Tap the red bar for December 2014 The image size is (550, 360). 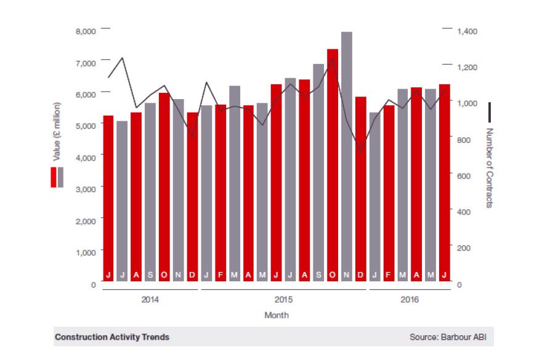pyautogui.click(x=193, y=197)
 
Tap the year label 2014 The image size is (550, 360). pyautogui.click(x=150, y=300)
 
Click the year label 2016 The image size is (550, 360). pyautogui.click(x=409, y=300)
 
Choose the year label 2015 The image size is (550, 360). pyautogui.click(x=283, y=300)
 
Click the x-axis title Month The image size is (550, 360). pyautogui.click(x=277, y=315)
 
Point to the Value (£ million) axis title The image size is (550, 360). pyautogui.click(x=57, y=132)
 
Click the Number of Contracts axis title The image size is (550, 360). pyautogui.click(x=490, y=167)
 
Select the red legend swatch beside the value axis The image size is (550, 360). pyautogui.click(x=54, y=177)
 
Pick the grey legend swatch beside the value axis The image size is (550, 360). pyautogui.click(x=60, y=177)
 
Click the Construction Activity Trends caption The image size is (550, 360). pyautogui.click(x=112, y=337)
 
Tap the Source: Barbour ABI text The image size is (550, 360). pyautogui.click(x=451, y=337)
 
